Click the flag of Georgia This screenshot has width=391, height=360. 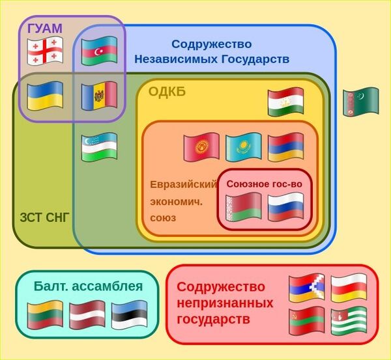pos(44,51)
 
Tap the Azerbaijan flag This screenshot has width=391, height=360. pos(99,51)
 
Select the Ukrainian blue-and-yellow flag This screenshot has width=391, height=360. pos(44,96)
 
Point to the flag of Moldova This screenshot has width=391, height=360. pos(99,96)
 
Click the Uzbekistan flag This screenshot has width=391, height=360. pos(99,146)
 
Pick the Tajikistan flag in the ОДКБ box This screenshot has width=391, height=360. pos(285,102)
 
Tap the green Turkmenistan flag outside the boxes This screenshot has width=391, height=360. pos(361,102)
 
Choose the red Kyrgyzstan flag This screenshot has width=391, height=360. pos(201,147)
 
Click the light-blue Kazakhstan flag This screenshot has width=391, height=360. pos(243,147)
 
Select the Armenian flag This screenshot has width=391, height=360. pos(285,147)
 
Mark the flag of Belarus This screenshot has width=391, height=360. pos(243,206)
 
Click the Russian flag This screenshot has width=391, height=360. pos(285,206)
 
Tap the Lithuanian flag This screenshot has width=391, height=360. pos(45,315)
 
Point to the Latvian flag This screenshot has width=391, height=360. pos(87,315)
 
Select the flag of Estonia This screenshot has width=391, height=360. pos(130,315)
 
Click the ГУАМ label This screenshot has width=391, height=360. pos(45,29)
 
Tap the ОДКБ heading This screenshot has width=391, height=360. pos(167,92)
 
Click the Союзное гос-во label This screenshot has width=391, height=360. pos(264,184)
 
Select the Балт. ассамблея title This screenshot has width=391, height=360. pos(88,286)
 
